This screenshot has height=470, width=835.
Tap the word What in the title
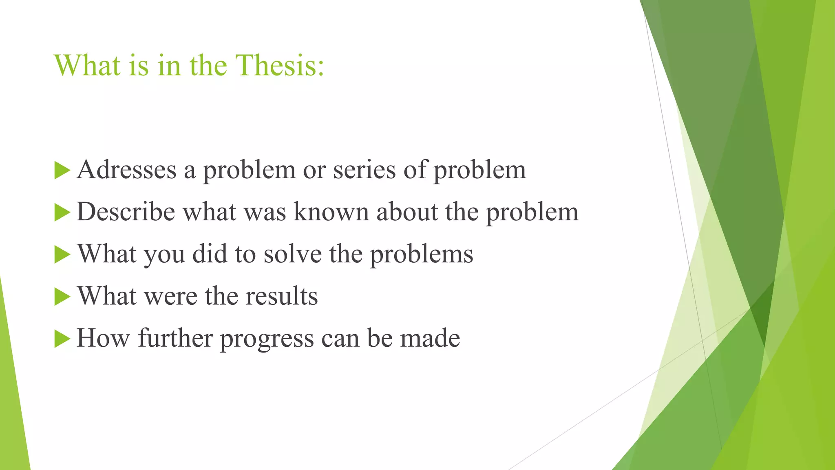[87, 65]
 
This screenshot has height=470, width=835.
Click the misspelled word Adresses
[126, 170]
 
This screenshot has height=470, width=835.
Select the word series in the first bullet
[364, 170]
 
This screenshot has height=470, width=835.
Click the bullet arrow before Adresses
[62, 170]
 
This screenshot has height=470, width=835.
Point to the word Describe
[126, 212]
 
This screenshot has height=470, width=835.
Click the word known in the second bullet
[331, 212]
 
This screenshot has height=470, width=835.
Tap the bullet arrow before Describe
[62, 213]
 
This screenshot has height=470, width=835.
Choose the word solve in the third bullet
[292, 254]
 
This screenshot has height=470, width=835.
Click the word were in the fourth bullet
[170, 296]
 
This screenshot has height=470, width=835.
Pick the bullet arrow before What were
[62, 297]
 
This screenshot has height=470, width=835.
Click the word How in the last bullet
[103, 338]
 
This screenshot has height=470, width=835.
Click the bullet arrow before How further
[62, 339]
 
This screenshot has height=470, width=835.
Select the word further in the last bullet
[175, 338]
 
